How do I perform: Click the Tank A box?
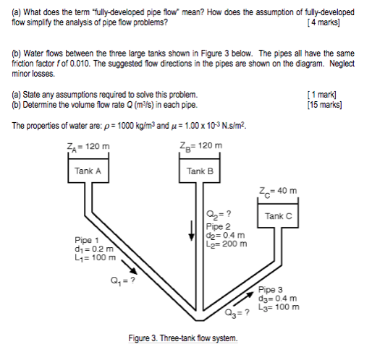(87, 171)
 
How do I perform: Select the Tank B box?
(200, 171)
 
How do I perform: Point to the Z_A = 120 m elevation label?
(87, 146)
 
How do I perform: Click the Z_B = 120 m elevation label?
(200, 146)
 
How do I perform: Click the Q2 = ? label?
(218, 214)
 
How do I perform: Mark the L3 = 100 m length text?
(278, 306)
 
